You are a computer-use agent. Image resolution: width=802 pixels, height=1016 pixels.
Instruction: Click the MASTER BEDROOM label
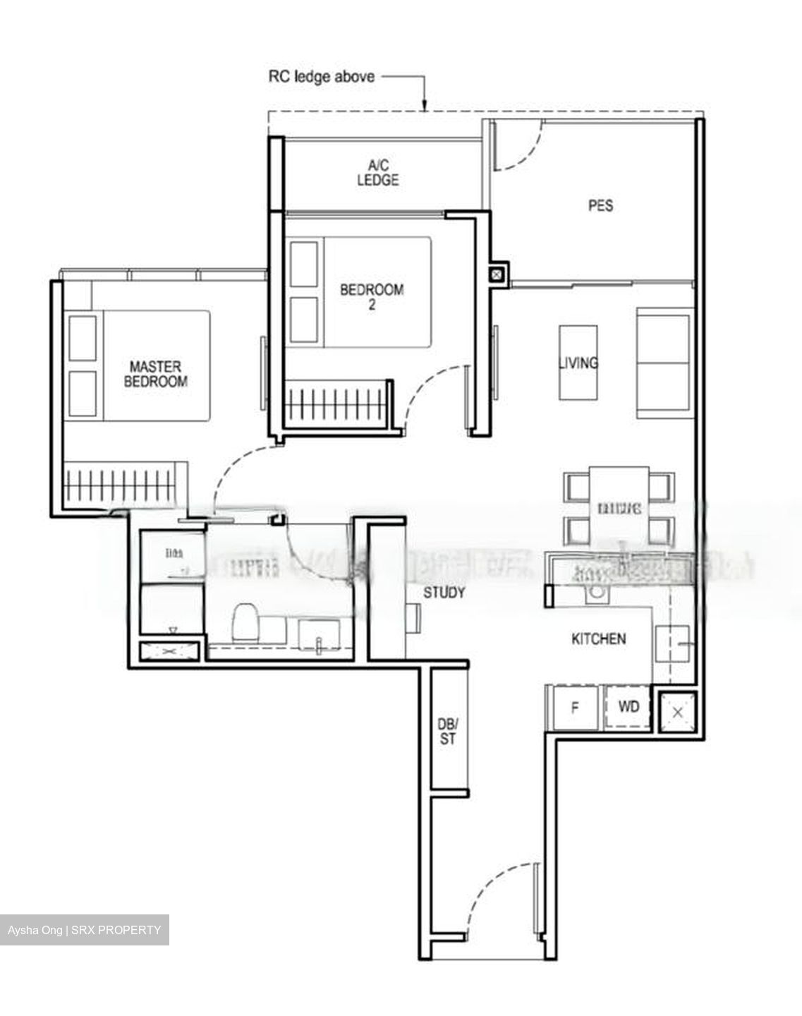pyautogui.click(x=155, y=374)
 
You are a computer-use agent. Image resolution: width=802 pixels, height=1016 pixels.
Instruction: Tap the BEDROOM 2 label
pyautogui.click(x=372, y=296)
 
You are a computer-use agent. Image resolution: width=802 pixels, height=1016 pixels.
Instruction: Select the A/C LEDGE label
pyautogui.click(x=377, y=173)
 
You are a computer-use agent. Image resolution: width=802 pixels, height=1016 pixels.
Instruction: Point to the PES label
pyautogui.click(x=600, y=205)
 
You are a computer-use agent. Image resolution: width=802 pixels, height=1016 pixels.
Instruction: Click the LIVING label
pyautogui.click(x=578, y=363)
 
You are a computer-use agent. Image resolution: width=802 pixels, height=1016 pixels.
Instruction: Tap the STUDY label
pyautogui.click(x=444, y=593)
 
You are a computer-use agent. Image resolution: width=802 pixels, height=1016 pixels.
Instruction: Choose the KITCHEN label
pyautogui.click(x=598, y=639)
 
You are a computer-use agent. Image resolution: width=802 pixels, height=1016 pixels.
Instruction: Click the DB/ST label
pyautogui.click(x=448, y=731)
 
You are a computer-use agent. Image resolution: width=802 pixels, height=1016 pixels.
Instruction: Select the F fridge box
pyautogui.click(x=575, y=707)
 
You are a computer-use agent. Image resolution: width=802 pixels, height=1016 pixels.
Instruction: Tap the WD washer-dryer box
pyautogui.click(x=628, y=706)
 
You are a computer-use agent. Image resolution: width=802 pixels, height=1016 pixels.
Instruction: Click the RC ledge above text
pyautogui.click(x=321, y=76)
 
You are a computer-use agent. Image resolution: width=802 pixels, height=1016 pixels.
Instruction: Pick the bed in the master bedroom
pyautogui.click(x=139, y=365)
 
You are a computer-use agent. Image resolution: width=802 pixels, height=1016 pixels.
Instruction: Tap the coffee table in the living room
pyautogui.click(x=578, y=363)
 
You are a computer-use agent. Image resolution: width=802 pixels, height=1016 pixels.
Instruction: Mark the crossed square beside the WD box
pyautogui.click(x=677, y=712)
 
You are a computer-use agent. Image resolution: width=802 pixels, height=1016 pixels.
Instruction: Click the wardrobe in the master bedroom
pyautogui.click(x=125, y=484)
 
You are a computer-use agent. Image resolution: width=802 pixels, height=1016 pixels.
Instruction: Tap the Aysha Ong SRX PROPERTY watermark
pyautogui.click(x=85, y=930)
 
